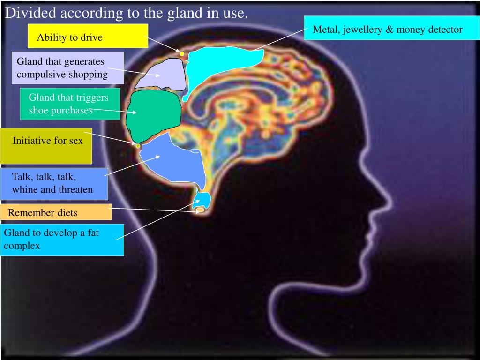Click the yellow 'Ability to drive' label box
[x=88, y=36]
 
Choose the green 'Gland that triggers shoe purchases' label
[x=70, y=103]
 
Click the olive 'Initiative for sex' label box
[x=46, y=145]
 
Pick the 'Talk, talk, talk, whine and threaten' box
[x=54, y=184]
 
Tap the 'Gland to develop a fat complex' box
[x=62, y=240]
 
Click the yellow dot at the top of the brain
[x=182, y=54]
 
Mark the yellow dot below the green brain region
[x=138, y=146]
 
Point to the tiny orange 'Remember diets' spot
[x=200, y=210]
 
